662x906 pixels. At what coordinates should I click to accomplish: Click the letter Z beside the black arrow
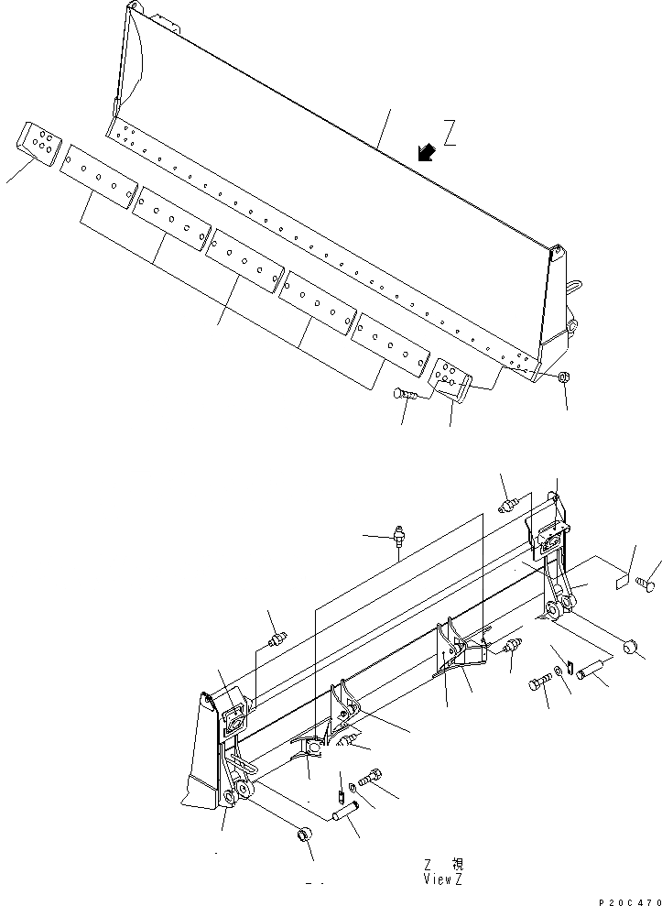(x=450, y=135)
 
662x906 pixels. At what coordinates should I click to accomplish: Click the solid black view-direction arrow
(x=425, y=152)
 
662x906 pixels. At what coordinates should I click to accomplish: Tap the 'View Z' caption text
(x=442, y=879)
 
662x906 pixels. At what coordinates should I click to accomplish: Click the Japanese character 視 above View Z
(x=457, y=864)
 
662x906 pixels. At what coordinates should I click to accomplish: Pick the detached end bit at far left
(x=38, y=142)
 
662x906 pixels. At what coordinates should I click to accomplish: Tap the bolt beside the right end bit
(x=406, y=394)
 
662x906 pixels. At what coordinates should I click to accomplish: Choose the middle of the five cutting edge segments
(x=243, y=261)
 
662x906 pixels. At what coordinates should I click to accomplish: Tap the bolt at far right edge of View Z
(x=652, y=579)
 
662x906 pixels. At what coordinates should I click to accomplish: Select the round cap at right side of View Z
(x=630, y=648)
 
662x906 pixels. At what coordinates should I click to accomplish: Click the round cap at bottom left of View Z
(x=303, y=835)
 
